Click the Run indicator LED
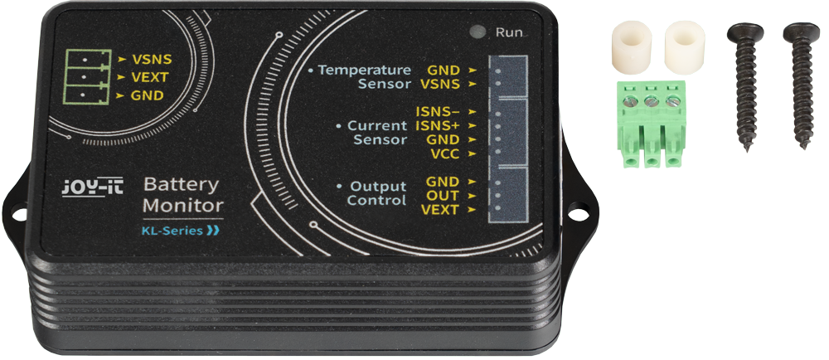(x=478, y=32)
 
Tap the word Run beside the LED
(x=509, y=32)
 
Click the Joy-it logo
(x=93, y=188)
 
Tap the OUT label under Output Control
(x=443, y=196)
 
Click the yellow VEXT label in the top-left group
(x=150, y=77)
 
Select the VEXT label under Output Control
(x=440, y=210)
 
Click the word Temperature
(x=364, y=70)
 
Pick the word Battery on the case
(x=181, y=186)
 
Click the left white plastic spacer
(x=631, y=46)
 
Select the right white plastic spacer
(x=685, y=46)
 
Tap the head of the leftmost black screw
(x=745, y=33)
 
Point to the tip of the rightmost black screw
(x=803, y=147)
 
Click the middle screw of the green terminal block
(x=652, y=101)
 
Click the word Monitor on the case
(x=183, y=206)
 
